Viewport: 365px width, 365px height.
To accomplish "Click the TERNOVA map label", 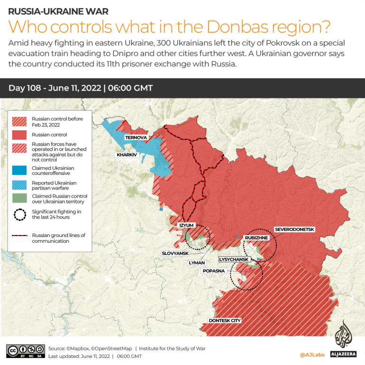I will click(136, 137).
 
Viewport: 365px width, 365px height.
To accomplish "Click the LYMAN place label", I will click(197, 262).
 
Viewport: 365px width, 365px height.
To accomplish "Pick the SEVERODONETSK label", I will click(294, 229).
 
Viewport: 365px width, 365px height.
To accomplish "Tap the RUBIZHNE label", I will click(256, 237).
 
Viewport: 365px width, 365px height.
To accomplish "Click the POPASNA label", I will click(213, 271).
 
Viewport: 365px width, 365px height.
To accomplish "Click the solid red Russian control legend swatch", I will click(19, 135).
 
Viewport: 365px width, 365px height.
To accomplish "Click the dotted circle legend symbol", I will click(19, 214).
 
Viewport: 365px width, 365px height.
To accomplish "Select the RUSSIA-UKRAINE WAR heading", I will click(58, 11).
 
